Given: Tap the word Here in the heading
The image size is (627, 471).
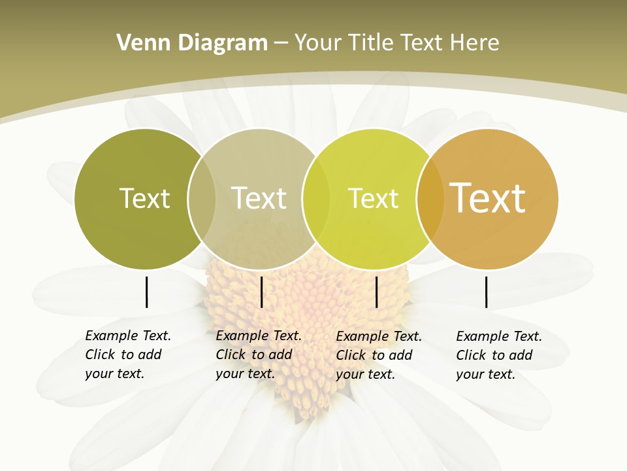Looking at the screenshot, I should click(x=474, y=43).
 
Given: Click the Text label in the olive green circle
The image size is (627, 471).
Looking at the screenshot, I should click(x=144, y=198).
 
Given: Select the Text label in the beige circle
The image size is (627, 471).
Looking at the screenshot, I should click(x=259, y=198).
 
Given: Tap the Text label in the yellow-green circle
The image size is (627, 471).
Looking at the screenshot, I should click(x=373, y=198).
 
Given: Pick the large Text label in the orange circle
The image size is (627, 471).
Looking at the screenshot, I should click(x=488, y=198).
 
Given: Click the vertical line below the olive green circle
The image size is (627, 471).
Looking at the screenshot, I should click(x=146, y=292).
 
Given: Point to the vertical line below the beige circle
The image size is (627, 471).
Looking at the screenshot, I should click(x=261, y=292).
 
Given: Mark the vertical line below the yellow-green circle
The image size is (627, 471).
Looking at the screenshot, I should click(x=376, y=292).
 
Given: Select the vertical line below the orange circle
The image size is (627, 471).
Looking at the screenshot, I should click(x=486, y=292).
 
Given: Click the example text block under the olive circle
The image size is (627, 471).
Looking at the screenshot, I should click(x=127, y=355).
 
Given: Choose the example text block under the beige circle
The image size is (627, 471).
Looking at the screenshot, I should click(x=258, y=355).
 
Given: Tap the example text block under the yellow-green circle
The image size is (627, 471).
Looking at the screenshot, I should click(x=378, y=355).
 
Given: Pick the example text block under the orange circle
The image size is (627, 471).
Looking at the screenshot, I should click(x=498, y=355).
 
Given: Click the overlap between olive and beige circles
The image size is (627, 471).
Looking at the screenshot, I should click(x=202, y=199).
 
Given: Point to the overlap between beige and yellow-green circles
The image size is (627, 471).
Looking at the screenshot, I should click(x=316, y=199).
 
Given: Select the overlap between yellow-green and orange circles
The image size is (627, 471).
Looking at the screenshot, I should click(x=430, y=199).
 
